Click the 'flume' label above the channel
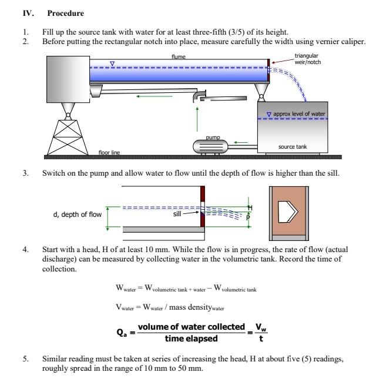(179, 56)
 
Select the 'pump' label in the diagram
(213, 137)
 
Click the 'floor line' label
(109, 153)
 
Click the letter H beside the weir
(249, 207)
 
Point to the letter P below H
(249, 216)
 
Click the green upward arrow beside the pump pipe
(197, 119)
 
